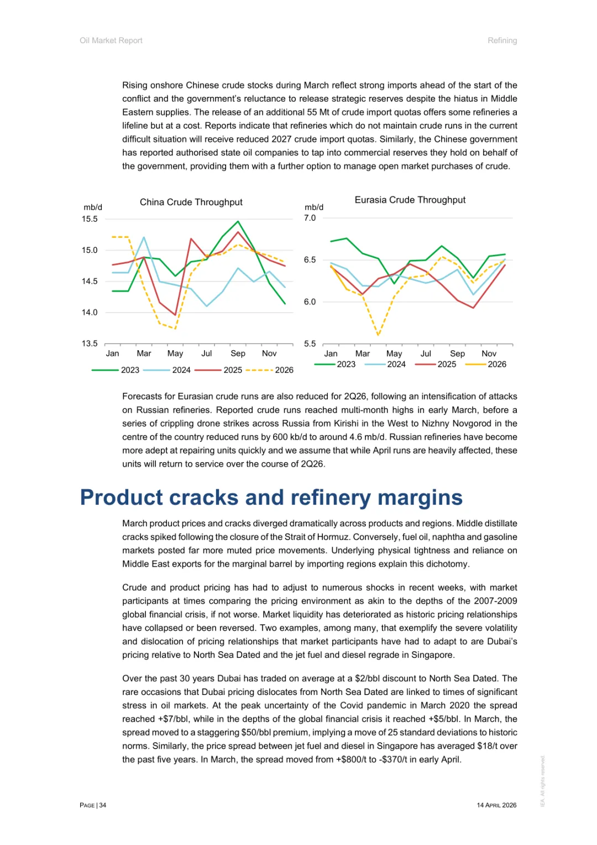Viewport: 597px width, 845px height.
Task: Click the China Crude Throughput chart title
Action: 191,203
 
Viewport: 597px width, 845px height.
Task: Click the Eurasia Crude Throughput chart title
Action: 410,200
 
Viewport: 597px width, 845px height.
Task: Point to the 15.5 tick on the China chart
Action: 90,219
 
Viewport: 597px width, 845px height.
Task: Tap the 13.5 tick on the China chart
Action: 90,344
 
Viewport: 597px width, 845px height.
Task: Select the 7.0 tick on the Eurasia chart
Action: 310,218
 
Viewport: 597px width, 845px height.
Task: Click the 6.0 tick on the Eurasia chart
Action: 310,302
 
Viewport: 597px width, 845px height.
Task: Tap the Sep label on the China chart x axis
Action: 238,354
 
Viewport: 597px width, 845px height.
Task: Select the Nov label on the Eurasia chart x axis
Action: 489,354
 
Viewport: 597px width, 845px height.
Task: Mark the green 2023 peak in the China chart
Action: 238,221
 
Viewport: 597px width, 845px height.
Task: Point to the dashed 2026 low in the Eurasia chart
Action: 378,335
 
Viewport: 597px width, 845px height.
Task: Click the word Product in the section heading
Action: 122,497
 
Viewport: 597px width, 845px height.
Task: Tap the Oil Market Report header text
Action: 111,40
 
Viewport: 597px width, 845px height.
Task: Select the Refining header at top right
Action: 502,40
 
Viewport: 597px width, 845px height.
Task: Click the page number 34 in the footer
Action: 103,805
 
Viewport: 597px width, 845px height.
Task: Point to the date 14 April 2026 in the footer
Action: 496,805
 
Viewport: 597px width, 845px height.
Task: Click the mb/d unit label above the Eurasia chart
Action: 314,208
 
